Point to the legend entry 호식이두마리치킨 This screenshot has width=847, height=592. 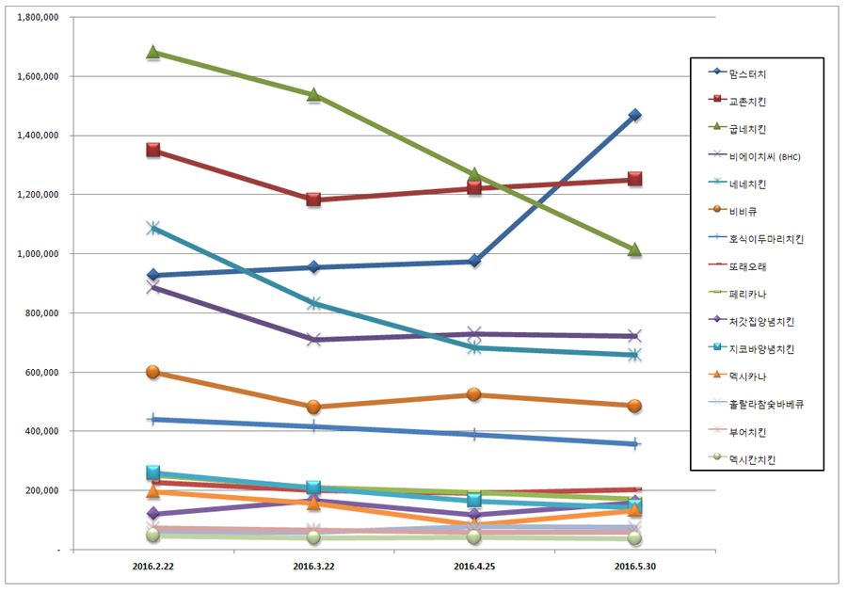click(767, 239)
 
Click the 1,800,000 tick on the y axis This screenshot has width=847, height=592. click(39, 17)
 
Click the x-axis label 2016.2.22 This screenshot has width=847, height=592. click(152, 568)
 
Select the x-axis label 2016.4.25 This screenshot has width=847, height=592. click(474, 568)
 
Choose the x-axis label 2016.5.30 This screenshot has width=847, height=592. click(635, 568)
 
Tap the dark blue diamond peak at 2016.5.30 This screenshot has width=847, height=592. click(635, 115)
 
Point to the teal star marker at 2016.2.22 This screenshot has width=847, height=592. click(152, 228)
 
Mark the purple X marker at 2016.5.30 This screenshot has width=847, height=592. click(635, 336)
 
